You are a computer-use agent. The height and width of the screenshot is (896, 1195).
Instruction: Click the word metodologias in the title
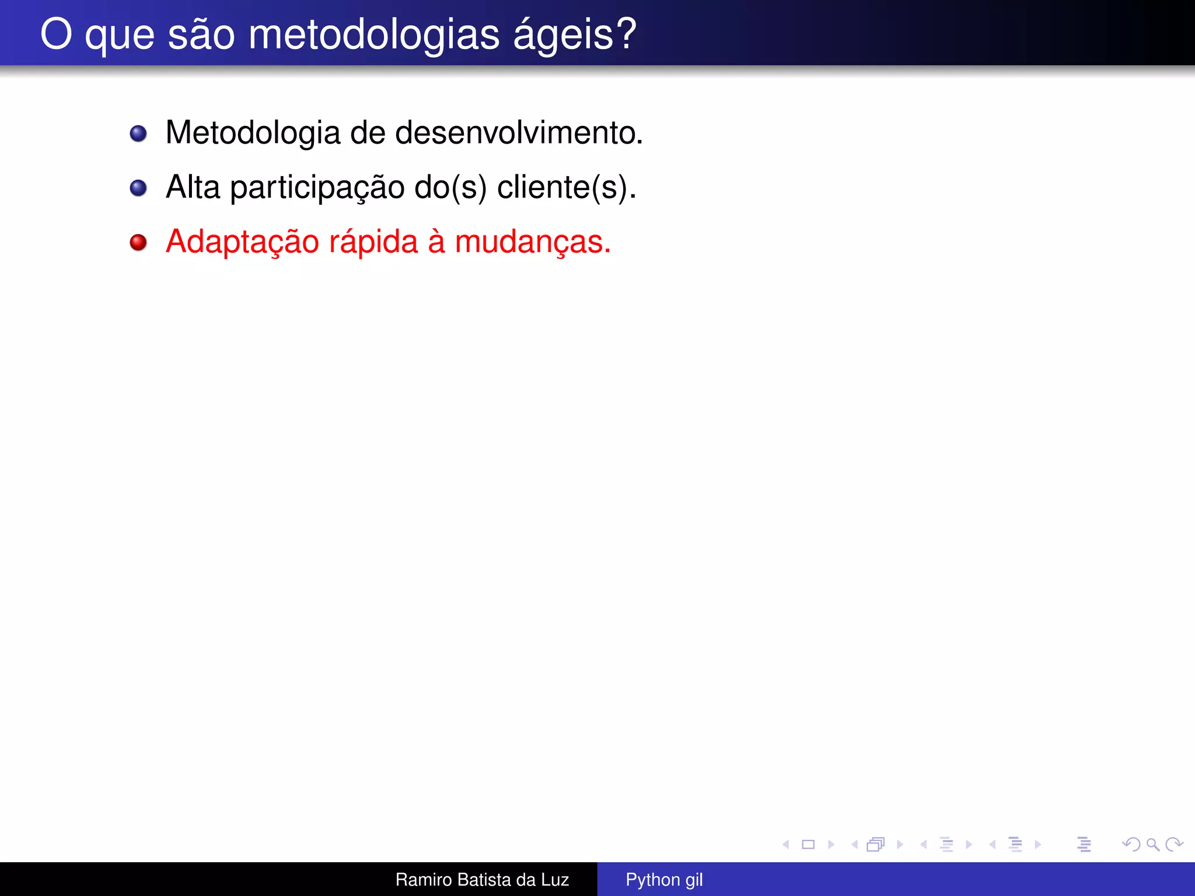click(x=374, y=35)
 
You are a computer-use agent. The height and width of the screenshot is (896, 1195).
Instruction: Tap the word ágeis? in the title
click(x=575, y=35)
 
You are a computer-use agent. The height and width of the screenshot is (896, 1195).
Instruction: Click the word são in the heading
click(x=201, y=35)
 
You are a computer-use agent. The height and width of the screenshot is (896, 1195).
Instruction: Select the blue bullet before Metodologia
click(x=138, y=134)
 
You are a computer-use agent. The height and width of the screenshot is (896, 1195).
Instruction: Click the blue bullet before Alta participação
click(x=138, y=188)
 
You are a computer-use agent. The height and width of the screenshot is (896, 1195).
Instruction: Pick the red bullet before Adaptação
click(x=138, y=242)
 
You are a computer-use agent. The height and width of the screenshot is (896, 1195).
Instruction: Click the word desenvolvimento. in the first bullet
click(x=519, y=133)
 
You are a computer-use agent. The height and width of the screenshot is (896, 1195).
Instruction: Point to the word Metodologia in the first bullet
click(x=253, y=133)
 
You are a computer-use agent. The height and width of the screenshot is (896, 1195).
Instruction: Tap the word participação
click(x=317, y=188)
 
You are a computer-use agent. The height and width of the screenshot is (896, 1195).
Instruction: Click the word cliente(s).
click(x=566, y=188)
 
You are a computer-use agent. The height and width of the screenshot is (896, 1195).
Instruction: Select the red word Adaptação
click(x=242, y=242)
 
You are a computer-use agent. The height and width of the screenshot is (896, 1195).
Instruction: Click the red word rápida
click(x=373, y=242)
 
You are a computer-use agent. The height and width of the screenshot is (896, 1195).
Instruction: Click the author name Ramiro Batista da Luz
click(x=482, y=880)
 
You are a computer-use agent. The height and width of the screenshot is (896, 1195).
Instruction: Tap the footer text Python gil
click(x=664, y=880)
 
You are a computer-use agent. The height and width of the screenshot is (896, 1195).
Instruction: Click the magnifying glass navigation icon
click(x=1152, y=844)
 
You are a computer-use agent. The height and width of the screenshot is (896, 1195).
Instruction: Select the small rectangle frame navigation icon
click(x=808, y=844)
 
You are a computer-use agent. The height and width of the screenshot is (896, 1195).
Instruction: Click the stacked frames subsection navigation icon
click(x=876, y=844)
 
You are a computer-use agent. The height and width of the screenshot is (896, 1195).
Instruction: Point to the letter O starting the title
click(x=56, y=35)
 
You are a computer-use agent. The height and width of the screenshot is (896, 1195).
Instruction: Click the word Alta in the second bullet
click(x=193, y=188)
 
